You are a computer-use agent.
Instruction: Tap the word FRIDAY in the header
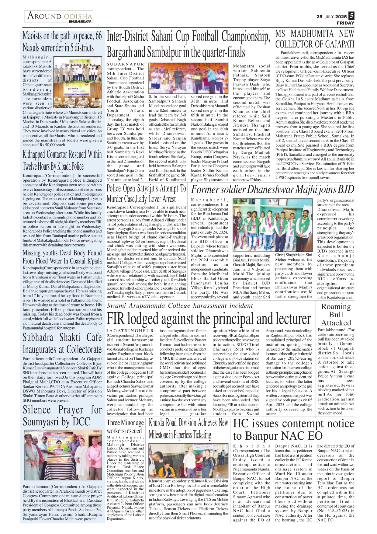click(x=345, y=23)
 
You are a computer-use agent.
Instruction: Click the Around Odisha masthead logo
click(x=59, y=16)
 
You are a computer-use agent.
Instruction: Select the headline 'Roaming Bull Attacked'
click(x=336, y=315)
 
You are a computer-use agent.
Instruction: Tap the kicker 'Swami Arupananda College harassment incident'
click(x=180, y=306)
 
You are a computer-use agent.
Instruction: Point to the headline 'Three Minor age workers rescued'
click(x=125, y=427)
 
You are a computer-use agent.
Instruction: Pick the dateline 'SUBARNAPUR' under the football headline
click(x=125, y=64)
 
